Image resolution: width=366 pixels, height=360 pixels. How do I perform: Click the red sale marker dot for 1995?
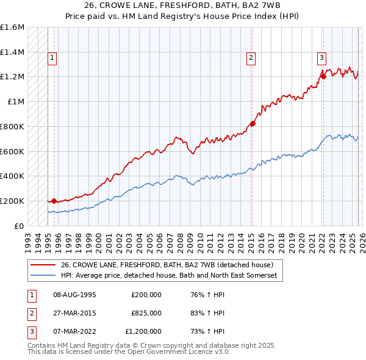pos(54,201)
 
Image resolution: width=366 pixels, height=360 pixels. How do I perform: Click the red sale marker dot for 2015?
pos(253,123)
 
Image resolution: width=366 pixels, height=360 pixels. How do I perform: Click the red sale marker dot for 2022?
pos(323,76)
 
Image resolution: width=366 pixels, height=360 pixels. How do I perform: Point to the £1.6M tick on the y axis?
pos(13,27)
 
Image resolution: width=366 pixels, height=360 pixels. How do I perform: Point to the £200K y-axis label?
pos(13,201)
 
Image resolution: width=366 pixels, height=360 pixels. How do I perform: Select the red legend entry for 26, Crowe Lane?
pos(171,265)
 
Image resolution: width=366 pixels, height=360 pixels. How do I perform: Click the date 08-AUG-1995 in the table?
pos(74,294)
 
